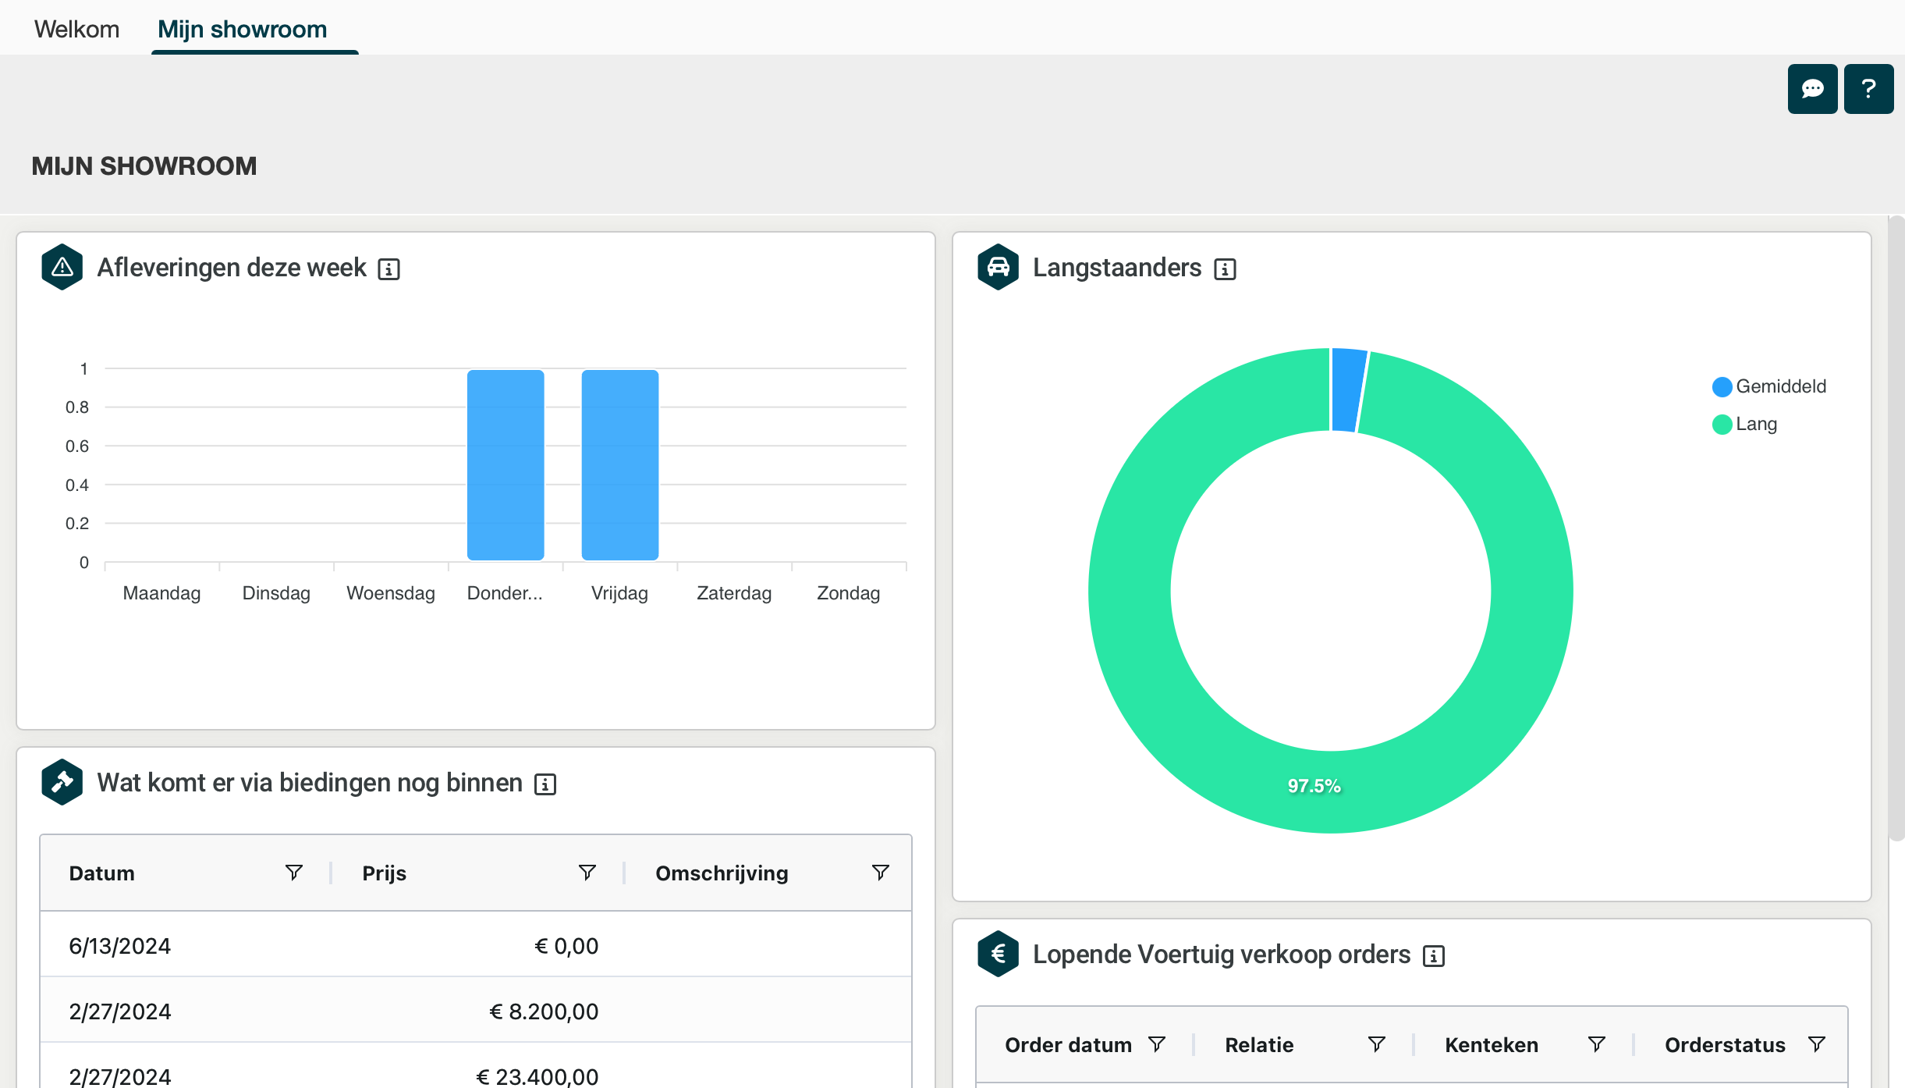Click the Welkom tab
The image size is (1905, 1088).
tap(76, 29)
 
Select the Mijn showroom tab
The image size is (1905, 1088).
tap(242, 29)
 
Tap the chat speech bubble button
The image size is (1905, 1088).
tap(1812, 89)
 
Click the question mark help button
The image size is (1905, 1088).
tap(1868, 89)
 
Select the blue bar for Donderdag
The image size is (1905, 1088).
tap(506, 465)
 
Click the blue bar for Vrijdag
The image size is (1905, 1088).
tap(620, 465)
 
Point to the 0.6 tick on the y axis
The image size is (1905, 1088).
tap(77, 446)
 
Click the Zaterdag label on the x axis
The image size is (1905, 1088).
tap(734, 593)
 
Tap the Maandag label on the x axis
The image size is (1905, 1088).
tap(161, 593)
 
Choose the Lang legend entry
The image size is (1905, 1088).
tap(1756, 424)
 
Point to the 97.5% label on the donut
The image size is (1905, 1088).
tap(1314, 786)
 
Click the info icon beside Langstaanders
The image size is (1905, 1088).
tap(1225, 269)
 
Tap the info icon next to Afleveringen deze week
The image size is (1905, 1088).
tap(388, 269)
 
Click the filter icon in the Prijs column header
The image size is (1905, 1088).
tap(587, 873)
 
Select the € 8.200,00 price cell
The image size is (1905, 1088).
tap(544, 1012)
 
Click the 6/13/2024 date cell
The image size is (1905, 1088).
tap(120, 946)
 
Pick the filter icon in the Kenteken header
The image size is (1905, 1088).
tap(1597, 1044)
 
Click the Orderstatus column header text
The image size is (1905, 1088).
tap(1725, 1045)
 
